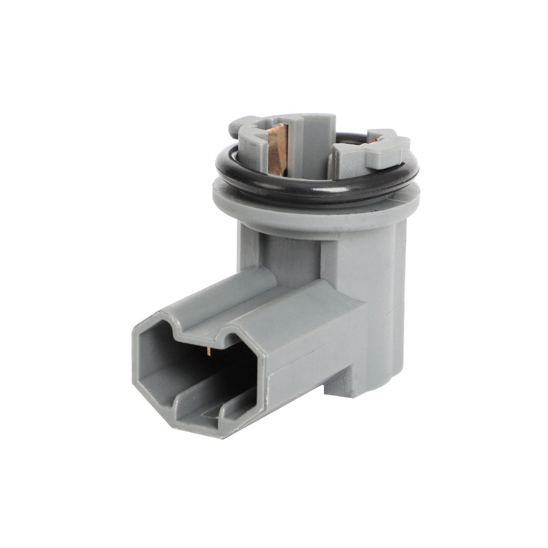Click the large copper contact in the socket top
(277, 148)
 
